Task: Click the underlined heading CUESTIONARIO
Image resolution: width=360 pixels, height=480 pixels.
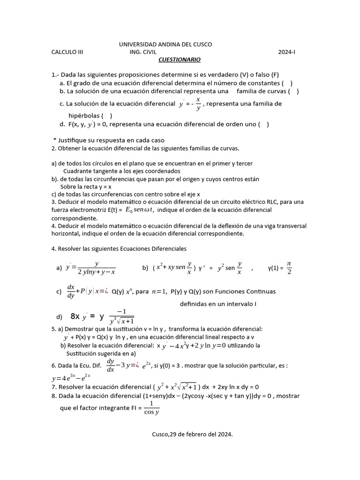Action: click(179, 60)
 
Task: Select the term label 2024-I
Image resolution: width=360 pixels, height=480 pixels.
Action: click(287, 52)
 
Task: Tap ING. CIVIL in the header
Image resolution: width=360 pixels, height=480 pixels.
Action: click(143, 52)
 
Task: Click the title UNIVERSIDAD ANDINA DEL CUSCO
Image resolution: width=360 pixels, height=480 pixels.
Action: click(165, 44)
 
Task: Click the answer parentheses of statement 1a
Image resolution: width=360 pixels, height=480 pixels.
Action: click(287, 83)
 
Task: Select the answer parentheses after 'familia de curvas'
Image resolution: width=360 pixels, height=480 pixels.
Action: click(293, 91)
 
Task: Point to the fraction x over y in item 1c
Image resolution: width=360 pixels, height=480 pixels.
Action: click(198, 104)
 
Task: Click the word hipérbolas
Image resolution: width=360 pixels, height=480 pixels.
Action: click(83, 115)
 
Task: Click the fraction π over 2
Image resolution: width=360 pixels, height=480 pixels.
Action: click(289, 268)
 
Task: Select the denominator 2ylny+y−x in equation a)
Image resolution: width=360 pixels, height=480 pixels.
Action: click(97, 272)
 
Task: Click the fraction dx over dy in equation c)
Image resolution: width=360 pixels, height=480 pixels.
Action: click(71, 291)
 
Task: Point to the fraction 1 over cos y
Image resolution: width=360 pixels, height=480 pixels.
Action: click(151, 408)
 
